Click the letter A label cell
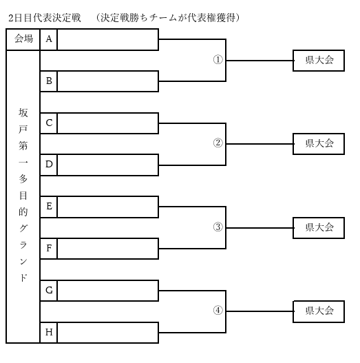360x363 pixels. coord(49,39)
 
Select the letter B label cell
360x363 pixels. coord(49,81)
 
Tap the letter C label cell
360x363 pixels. coord(49,123)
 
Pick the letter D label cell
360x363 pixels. coord(49,165)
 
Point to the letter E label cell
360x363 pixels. coord(49,207)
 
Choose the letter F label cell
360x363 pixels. coord(49,249)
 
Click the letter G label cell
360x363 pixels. coord(49,291)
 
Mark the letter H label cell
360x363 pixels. coord(49,333)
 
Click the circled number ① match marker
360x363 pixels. coord(218,60)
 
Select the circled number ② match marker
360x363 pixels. coord(218,143)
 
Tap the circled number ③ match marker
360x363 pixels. coord(218,227)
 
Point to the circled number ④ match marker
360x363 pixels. coord(218,310)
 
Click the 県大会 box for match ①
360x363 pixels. coord(319,61)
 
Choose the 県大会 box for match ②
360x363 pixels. coord(319,144)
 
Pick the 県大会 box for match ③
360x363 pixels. coord(319,228)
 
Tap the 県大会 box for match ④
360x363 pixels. coord(319,311)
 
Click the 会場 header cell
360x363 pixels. coord(23,39)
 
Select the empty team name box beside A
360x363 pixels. coord(108,39)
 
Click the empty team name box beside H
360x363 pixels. coord(108,333)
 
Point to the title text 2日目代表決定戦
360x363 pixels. coord(45,18)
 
